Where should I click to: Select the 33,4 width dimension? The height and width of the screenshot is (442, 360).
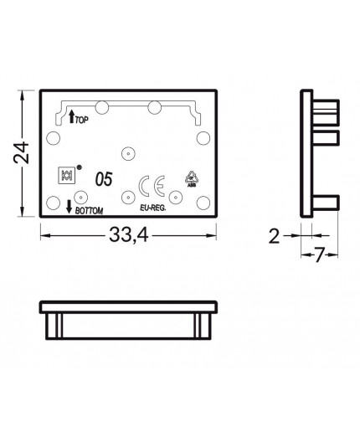pyautogui.click(x=128, y=237)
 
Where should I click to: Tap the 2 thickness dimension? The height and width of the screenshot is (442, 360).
pyautogui.click(x=274, y=236)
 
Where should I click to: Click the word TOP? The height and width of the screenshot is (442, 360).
pyautogui.click(x=82, y=121)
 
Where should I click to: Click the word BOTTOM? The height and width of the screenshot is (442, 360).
pyautogui.click(x=90, y=210)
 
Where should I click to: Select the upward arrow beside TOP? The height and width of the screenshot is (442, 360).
pyautogui.click(x=70, y=118)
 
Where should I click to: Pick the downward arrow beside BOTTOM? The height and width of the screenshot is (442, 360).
pyautogui.click(x=69, y=206)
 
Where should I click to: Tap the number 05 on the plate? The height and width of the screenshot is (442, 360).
pyautogui.click(x=104, y=178)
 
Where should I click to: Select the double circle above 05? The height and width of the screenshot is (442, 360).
pyautogui.click(x=127, y=153)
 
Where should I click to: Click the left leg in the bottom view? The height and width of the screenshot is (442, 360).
pyautogui.click(x=54, y=324)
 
